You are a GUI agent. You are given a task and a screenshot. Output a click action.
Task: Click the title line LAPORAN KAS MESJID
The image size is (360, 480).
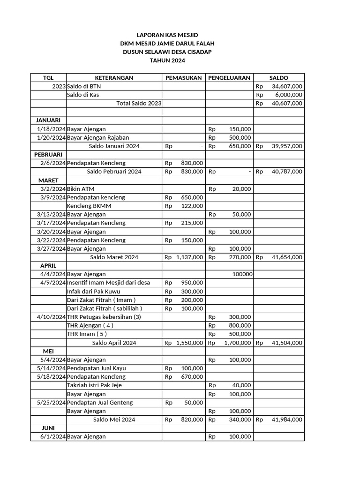(167, 35)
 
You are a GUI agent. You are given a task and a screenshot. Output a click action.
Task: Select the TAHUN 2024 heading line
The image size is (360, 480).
(167, 60)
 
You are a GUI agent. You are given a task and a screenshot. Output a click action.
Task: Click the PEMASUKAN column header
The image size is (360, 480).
(183, 78)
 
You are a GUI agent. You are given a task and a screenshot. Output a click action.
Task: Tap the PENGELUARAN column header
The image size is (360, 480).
(229, 78)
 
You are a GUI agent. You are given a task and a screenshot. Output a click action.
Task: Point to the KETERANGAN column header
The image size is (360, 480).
(114, 78)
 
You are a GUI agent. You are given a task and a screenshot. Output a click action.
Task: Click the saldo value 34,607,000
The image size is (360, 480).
(287, 87)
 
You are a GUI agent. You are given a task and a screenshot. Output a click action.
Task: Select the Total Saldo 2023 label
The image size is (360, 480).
(138, 104)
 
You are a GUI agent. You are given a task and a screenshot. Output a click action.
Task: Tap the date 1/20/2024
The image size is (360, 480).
(51, 138)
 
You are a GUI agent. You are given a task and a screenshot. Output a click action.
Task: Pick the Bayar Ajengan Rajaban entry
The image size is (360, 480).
(98, 138)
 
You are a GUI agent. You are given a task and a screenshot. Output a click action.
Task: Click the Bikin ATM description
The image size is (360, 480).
(81, 189)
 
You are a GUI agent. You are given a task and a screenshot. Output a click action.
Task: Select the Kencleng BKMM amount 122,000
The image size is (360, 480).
(192, 206)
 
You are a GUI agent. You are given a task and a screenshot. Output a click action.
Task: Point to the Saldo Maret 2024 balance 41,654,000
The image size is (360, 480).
(287, 257)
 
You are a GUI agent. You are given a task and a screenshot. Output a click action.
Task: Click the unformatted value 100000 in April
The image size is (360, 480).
(242, 274)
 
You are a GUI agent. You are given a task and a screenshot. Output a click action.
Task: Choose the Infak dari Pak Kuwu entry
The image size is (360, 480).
(94, 292)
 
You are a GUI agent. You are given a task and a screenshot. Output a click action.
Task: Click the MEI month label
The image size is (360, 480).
(48, 351)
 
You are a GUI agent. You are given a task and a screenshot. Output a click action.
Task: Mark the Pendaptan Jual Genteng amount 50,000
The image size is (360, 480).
(194, 402)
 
